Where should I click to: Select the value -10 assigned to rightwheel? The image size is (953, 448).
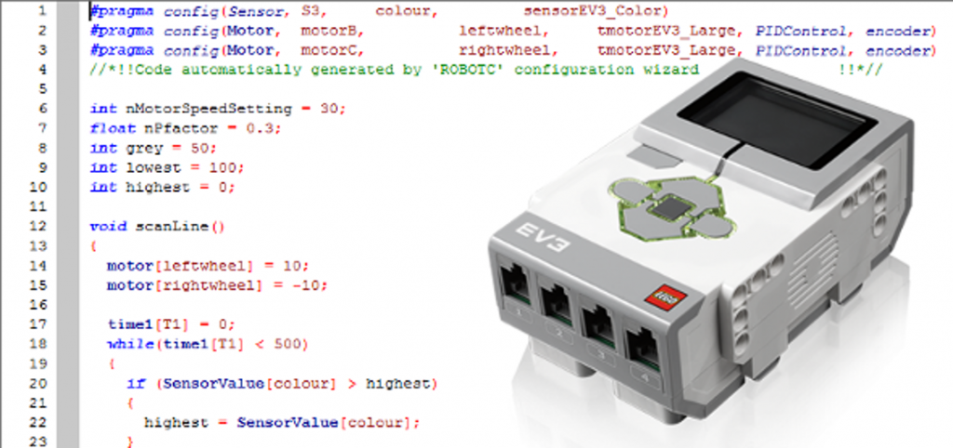258,284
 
